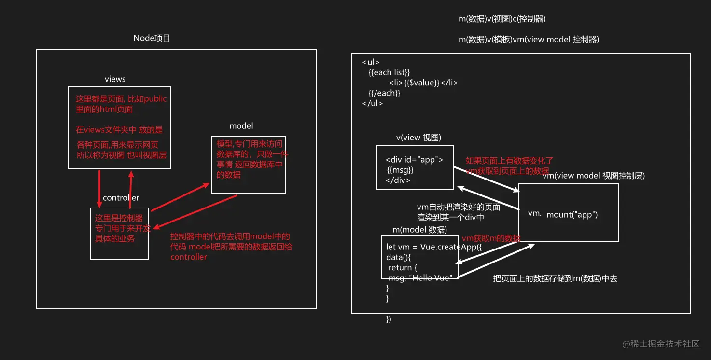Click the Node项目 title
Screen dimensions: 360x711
coord(152,38)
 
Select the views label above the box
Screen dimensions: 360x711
coord(115,79)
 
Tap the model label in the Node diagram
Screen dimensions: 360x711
coord(241,126)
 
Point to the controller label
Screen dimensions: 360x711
coord(121,198)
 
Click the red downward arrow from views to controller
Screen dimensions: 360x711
coord(99,188)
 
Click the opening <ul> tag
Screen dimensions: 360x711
coord(371,62)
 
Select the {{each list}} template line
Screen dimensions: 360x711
coord(389,72)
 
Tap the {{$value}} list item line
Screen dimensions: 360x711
coord(423,83)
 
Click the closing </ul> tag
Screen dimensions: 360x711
coord(372,103)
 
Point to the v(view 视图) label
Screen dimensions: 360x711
coord(418,138)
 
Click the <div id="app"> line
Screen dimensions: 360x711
coord(414,160)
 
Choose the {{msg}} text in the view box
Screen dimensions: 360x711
coord(400,170)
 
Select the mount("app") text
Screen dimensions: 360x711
coord(572,215)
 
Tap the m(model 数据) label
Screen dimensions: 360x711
coord(419,229)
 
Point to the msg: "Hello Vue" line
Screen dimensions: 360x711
coord(420,278)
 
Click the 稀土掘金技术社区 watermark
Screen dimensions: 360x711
coord(661,344)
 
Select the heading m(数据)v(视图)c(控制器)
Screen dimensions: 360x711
coord(502,19)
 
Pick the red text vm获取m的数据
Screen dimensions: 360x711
coord(491,238)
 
